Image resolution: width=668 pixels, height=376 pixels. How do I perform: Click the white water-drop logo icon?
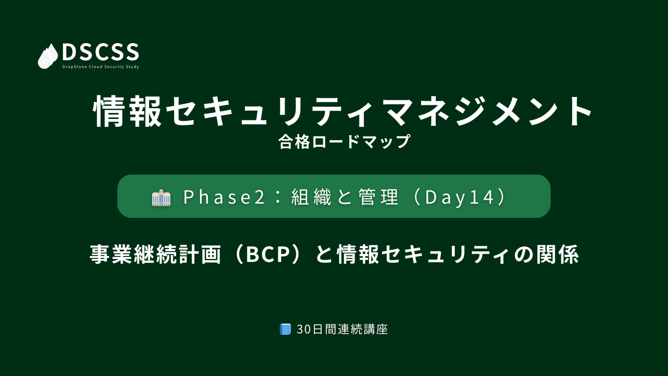tap(48, 56)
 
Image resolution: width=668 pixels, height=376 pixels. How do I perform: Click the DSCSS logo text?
tap(101, 52)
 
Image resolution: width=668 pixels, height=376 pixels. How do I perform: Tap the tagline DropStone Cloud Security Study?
tap(101, 67)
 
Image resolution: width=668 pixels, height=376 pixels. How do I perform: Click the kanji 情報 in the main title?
tap(127, 111)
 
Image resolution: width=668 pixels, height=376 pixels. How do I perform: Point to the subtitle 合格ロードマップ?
tap(344, 141)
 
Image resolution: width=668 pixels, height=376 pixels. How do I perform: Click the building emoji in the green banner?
tap(161, 197)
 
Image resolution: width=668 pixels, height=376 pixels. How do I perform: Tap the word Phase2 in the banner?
tap(224, 197)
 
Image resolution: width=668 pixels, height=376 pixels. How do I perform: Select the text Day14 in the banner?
tap(460, 197)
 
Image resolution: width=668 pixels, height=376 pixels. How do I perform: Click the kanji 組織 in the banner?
tap(311, 197)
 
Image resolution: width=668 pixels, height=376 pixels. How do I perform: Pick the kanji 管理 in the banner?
tap(379, 197)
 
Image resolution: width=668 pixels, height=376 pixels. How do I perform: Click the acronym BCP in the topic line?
tap(268, 255)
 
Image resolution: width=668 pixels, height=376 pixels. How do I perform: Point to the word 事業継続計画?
tap(156, 255)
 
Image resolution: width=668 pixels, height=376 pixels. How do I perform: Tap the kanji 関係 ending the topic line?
tap(557, 255)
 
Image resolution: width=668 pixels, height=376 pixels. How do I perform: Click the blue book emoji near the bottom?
tap(285, 329)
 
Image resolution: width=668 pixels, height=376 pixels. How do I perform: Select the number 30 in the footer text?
tap(304, 329)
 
